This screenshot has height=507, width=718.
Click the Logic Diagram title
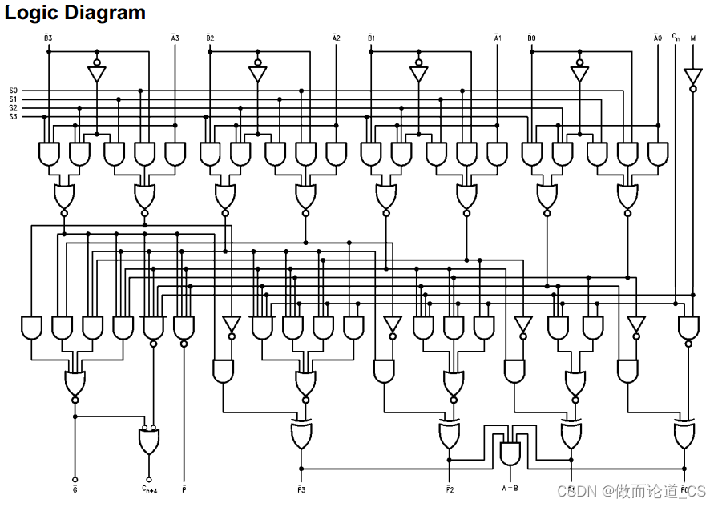click(75, 14)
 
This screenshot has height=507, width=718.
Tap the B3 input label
click(48, 38)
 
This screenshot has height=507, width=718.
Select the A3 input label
click(175, 38)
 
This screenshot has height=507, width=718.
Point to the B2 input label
click(210, 38)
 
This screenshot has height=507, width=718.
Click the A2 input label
click(337, 38)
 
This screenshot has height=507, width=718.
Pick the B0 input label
click(532, 38)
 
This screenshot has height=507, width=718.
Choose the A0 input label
click(658, 38)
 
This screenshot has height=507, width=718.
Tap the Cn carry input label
click(676, 37)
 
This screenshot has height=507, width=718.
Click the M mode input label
click(693, 38)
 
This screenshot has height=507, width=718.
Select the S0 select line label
click(14, 91)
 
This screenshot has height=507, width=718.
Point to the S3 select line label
click(14, 117)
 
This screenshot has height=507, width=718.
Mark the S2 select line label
click(14, 108)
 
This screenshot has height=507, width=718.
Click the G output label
click(75, 487)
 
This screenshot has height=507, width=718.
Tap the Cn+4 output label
click(148, 487)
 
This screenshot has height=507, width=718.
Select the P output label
click(184, 487)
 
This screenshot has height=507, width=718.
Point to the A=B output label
click(510, 487)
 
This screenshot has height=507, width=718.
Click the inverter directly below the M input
click(693, 77)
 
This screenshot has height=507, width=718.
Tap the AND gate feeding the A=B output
click(510, 453)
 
